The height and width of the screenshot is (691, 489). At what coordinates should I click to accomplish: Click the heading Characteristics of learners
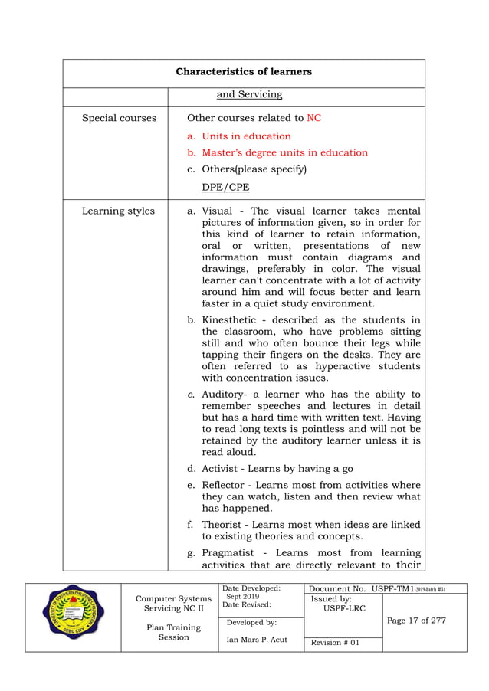tap(244, 73)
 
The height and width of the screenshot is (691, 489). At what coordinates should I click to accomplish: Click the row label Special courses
tap(119, 119)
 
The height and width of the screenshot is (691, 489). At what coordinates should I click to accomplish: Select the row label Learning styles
tap(118, 211)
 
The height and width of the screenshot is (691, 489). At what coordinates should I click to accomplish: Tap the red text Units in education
tap(246, 136)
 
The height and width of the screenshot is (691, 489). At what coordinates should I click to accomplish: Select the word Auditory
tap(225, 395)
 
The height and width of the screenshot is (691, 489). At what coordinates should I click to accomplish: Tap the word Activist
tap(222, 469)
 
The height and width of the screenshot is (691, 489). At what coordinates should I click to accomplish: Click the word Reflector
tap(225, 486)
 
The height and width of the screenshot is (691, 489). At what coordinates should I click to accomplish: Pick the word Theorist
tap(223, 525)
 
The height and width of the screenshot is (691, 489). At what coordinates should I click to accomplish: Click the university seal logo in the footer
tap(74, 617)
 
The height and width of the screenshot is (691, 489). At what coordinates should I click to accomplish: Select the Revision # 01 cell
tap(333, 643)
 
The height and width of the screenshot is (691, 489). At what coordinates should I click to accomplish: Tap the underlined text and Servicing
tap(250, 95)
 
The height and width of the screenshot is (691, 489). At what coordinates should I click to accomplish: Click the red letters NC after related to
tap(314, 119)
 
